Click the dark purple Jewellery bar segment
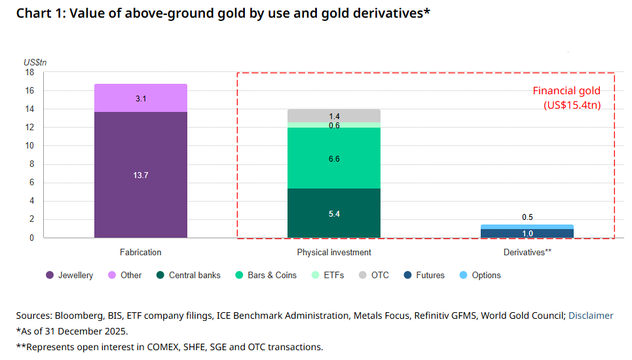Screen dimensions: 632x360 141,175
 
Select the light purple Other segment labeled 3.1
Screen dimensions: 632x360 141,98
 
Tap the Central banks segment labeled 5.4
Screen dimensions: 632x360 334,213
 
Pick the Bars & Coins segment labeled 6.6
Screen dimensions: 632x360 334,158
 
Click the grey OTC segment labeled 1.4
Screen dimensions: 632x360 334,116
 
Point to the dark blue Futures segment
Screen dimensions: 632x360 527,234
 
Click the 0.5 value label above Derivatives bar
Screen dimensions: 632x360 527,217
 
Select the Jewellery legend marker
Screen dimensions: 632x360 50,276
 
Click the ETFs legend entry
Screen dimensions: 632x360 328,276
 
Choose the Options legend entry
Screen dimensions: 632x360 480,276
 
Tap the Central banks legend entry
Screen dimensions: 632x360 189,276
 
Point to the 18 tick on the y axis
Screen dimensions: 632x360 29,73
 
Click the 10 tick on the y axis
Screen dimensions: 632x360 29,146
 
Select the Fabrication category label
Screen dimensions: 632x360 141,253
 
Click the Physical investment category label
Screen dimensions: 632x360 334,253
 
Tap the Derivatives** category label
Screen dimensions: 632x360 527,253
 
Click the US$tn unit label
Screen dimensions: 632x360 35,62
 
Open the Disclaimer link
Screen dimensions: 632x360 591,315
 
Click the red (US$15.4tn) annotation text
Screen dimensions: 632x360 572,105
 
